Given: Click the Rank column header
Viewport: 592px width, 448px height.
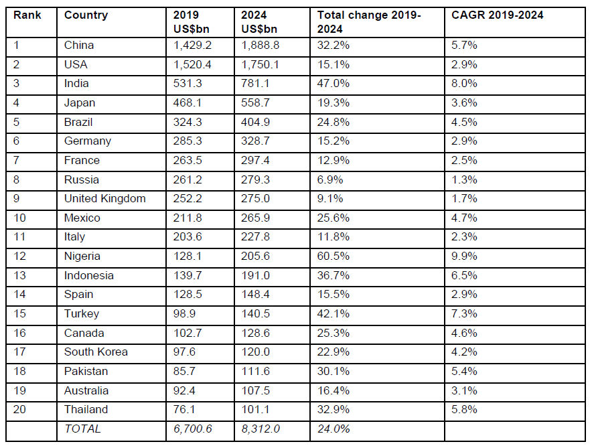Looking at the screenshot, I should (27, 15).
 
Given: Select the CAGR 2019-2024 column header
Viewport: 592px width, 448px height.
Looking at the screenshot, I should (496, 15).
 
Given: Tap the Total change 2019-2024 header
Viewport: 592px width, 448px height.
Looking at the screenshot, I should (368, 22).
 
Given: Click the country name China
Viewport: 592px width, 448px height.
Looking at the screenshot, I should (79, 46).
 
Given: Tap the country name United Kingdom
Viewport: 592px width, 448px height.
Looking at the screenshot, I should (104, 199).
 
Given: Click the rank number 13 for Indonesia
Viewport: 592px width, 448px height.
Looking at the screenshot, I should (19, 276).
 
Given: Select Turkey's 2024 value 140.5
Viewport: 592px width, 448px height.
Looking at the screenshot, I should (254, 314).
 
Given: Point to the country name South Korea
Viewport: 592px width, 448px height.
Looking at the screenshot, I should (96, 352).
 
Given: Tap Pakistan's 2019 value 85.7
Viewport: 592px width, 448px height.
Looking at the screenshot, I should (185, 372).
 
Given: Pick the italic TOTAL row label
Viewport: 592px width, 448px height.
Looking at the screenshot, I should (82, 429).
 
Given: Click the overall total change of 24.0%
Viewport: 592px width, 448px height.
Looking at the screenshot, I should (334, 429).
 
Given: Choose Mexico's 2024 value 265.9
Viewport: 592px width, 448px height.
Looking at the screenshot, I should (254, 218).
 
